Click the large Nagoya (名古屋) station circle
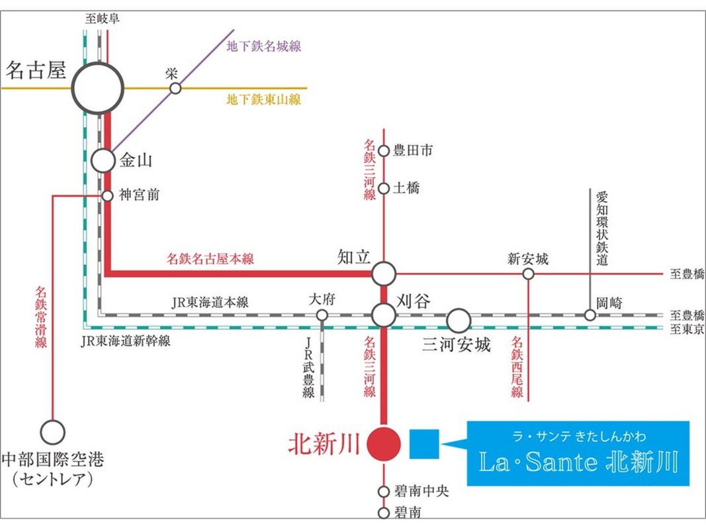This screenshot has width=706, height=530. (x=98, y=87)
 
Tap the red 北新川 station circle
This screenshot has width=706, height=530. (x=384, y=443)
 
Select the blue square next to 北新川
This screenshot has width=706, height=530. (x=424, y=443)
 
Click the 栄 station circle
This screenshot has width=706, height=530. (x=175, y=88)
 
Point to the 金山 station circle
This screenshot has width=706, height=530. (x=103, y=160)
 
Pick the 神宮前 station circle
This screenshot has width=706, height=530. (x=107, y=195)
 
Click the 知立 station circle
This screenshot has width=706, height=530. (x=384, y=273)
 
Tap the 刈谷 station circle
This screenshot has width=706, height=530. (x=384, y=315)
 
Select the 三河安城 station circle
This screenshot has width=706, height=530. (x=458, y=321)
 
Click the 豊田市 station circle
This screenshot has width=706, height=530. (x=384, y=151)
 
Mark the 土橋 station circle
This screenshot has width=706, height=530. (x=384, y=188)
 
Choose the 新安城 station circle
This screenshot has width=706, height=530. (x=528, y=273)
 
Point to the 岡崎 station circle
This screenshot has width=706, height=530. (x=590, y=315)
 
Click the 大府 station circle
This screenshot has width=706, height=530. (x=322, y=315)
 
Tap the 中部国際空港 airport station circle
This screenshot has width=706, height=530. (x=53, y=432)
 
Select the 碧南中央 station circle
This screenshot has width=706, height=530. (x=384, y=492)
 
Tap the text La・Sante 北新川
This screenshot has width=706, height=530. (x=578, y=462)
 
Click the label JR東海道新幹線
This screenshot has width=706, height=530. (x=126, y=341)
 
